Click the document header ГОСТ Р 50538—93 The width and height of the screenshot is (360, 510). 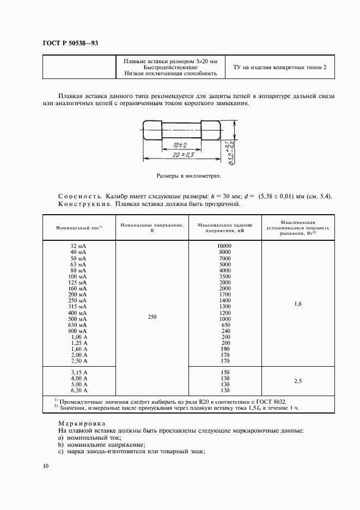tap(70, 42)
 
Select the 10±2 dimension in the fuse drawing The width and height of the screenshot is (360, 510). tap(179, 145)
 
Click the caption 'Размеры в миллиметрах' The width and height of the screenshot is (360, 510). tap(188, 177)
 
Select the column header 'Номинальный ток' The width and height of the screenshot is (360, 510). tap(78, 227)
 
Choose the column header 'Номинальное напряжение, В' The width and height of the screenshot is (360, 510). tap(152, 227)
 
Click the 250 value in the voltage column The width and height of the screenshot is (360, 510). tap(152, 317)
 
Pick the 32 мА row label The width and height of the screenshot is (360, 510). tap(78, 246)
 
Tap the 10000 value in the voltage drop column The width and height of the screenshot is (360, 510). tap(224, 246)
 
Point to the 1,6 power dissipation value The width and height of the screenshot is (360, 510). tap(298, 303)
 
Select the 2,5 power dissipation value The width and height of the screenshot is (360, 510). tap(298, 381)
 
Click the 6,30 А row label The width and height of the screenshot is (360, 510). tap(78, 391)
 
